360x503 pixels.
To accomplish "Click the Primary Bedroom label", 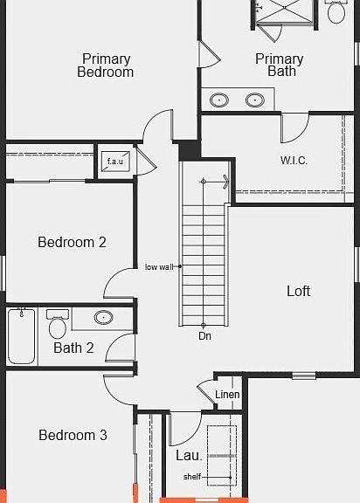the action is (x=105, y=65).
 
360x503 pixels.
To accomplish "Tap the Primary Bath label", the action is (x=279, y=65).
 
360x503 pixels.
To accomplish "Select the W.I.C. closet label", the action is (x=294, y=161).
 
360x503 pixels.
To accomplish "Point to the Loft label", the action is (x=298, y=291).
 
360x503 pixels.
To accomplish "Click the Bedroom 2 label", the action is (x=72, y=242).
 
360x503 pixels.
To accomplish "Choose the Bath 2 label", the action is (x=73, y=348).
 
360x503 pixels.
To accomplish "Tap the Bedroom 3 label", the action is (x=73, y=435).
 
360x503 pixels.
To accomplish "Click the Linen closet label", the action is (x=227, y=395).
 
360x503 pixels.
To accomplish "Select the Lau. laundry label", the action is (x=189, y=456).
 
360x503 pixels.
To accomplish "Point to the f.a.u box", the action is (x=115, y=161).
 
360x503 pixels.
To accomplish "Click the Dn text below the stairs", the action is (x=204, y=336).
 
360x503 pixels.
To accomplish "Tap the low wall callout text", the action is (x=159, y=267).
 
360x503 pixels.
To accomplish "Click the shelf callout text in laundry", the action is (x=192, y=477).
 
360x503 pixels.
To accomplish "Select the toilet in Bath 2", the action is (x=58, y=324).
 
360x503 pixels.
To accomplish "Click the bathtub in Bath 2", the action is (x=21, y=336).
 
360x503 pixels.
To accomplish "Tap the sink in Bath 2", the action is (x=104, y=318).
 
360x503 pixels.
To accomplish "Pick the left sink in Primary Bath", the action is (x=219, y=100).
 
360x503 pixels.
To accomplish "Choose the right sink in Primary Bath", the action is (x=255, y=100).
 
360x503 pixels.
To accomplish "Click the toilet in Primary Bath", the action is (x=336, y=11).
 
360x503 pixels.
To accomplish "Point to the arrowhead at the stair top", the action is (x=226, y=182).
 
